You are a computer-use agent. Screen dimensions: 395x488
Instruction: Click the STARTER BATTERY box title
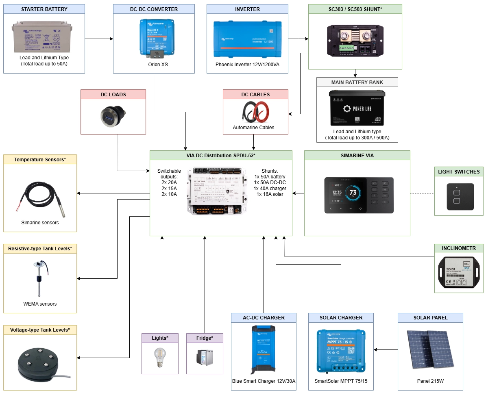click(44, 9)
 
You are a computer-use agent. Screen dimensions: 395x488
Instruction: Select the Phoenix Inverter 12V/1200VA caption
click(247, 65)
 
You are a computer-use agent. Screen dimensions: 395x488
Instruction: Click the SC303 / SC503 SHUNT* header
click(355, 9)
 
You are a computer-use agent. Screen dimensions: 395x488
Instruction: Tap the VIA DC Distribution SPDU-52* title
click(221, 155)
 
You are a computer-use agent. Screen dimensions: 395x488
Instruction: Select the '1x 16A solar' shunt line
click(270, 194)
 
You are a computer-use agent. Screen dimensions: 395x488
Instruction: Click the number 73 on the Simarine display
click(353, 192)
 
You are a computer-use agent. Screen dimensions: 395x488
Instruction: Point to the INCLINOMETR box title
click(459, 248)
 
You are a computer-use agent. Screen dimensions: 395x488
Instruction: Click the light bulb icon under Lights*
click(159, 358)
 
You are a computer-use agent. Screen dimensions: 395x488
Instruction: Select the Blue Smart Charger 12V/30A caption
click(264, 381)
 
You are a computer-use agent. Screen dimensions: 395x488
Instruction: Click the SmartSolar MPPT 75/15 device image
click(341, 351)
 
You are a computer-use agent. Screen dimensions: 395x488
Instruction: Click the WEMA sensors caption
click(40, 304)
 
